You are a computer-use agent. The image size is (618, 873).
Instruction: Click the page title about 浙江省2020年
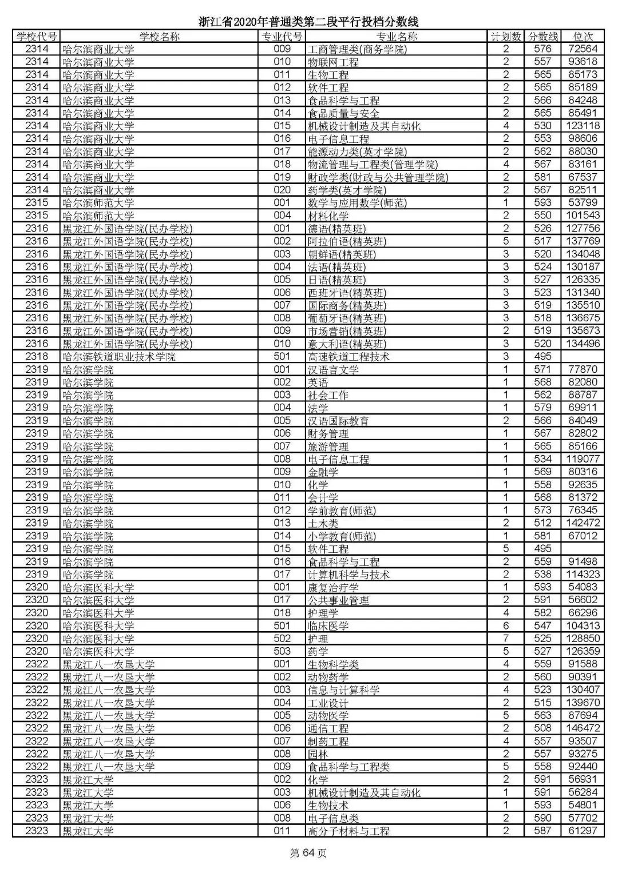[x=308, y=22]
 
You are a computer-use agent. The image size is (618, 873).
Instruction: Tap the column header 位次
[x=583, y=37]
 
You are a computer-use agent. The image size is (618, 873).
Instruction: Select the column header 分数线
[x=542, y=37]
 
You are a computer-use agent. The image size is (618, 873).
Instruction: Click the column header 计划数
[x=506, y=37]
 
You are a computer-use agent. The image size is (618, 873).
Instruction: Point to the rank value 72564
[x=583, y=49]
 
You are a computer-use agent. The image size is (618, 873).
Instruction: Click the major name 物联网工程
[x=333, y=62]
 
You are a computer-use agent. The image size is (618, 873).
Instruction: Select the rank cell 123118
[x=583, y=126]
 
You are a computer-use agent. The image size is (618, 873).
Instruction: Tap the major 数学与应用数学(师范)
[x=357, y=203]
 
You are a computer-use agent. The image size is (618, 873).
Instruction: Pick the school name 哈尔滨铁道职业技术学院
[x=118, y=357]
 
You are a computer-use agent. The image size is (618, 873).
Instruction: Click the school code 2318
[x=37, y=357]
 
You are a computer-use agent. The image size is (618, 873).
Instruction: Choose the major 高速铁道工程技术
[x=348, y=357]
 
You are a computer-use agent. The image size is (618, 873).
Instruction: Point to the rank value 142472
[x=583, y=523]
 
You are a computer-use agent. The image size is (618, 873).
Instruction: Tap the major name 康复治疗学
[x=333, y=587]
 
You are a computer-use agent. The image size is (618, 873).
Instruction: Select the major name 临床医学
[x=328, y=626]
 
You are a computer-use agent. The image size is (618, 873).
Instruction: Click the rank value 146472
[x=583, y=728]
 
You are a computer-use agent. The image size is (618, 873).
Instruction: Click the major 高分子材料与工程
[x=348, y=831]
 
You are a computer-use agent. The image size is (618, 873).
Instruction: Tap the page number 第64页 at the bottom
[x=308, y=854]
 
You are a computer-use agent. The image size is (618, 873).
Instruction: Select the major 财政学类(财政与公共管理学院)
[x=378, y=177]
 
